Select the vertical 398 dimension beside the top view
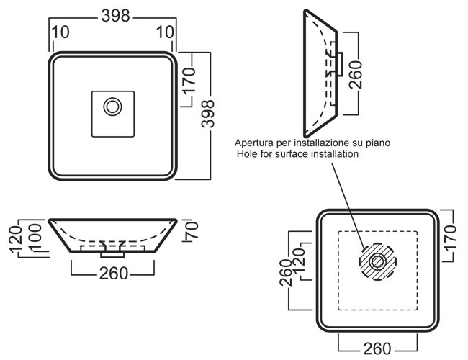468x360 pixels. point(208,115)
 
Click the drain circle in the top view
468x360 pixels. point(113,107)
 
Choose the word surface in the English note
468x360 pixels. point(292,153)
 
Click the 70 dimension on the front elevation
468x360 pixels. point(191,230)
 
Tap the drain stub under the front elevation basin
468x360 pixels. point(113,253)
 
